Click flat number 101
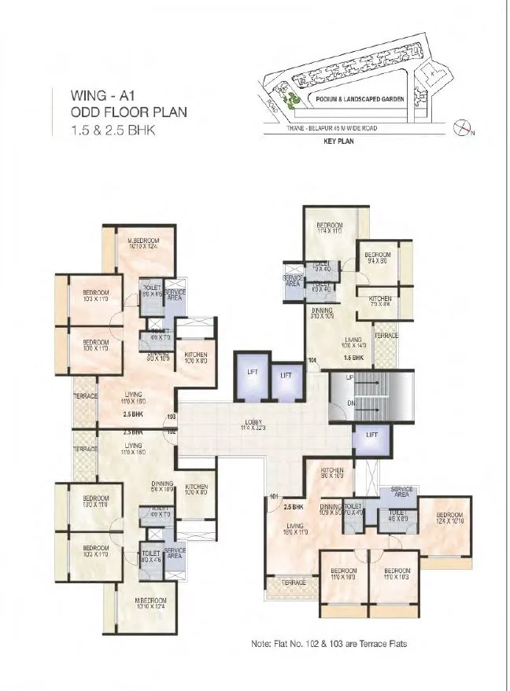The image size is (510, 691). [x=274, y=496]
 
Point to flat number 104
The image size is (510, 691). [x=312, y=362]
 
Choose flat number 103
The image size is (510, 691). [x=171, y=417]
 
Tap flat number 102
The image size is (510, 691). [x=171, y=430]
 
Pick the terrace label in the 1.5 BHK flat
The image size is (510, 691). [x=386, y=336]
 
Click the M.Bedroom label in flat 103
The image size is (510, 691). [x=144, y=240]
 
